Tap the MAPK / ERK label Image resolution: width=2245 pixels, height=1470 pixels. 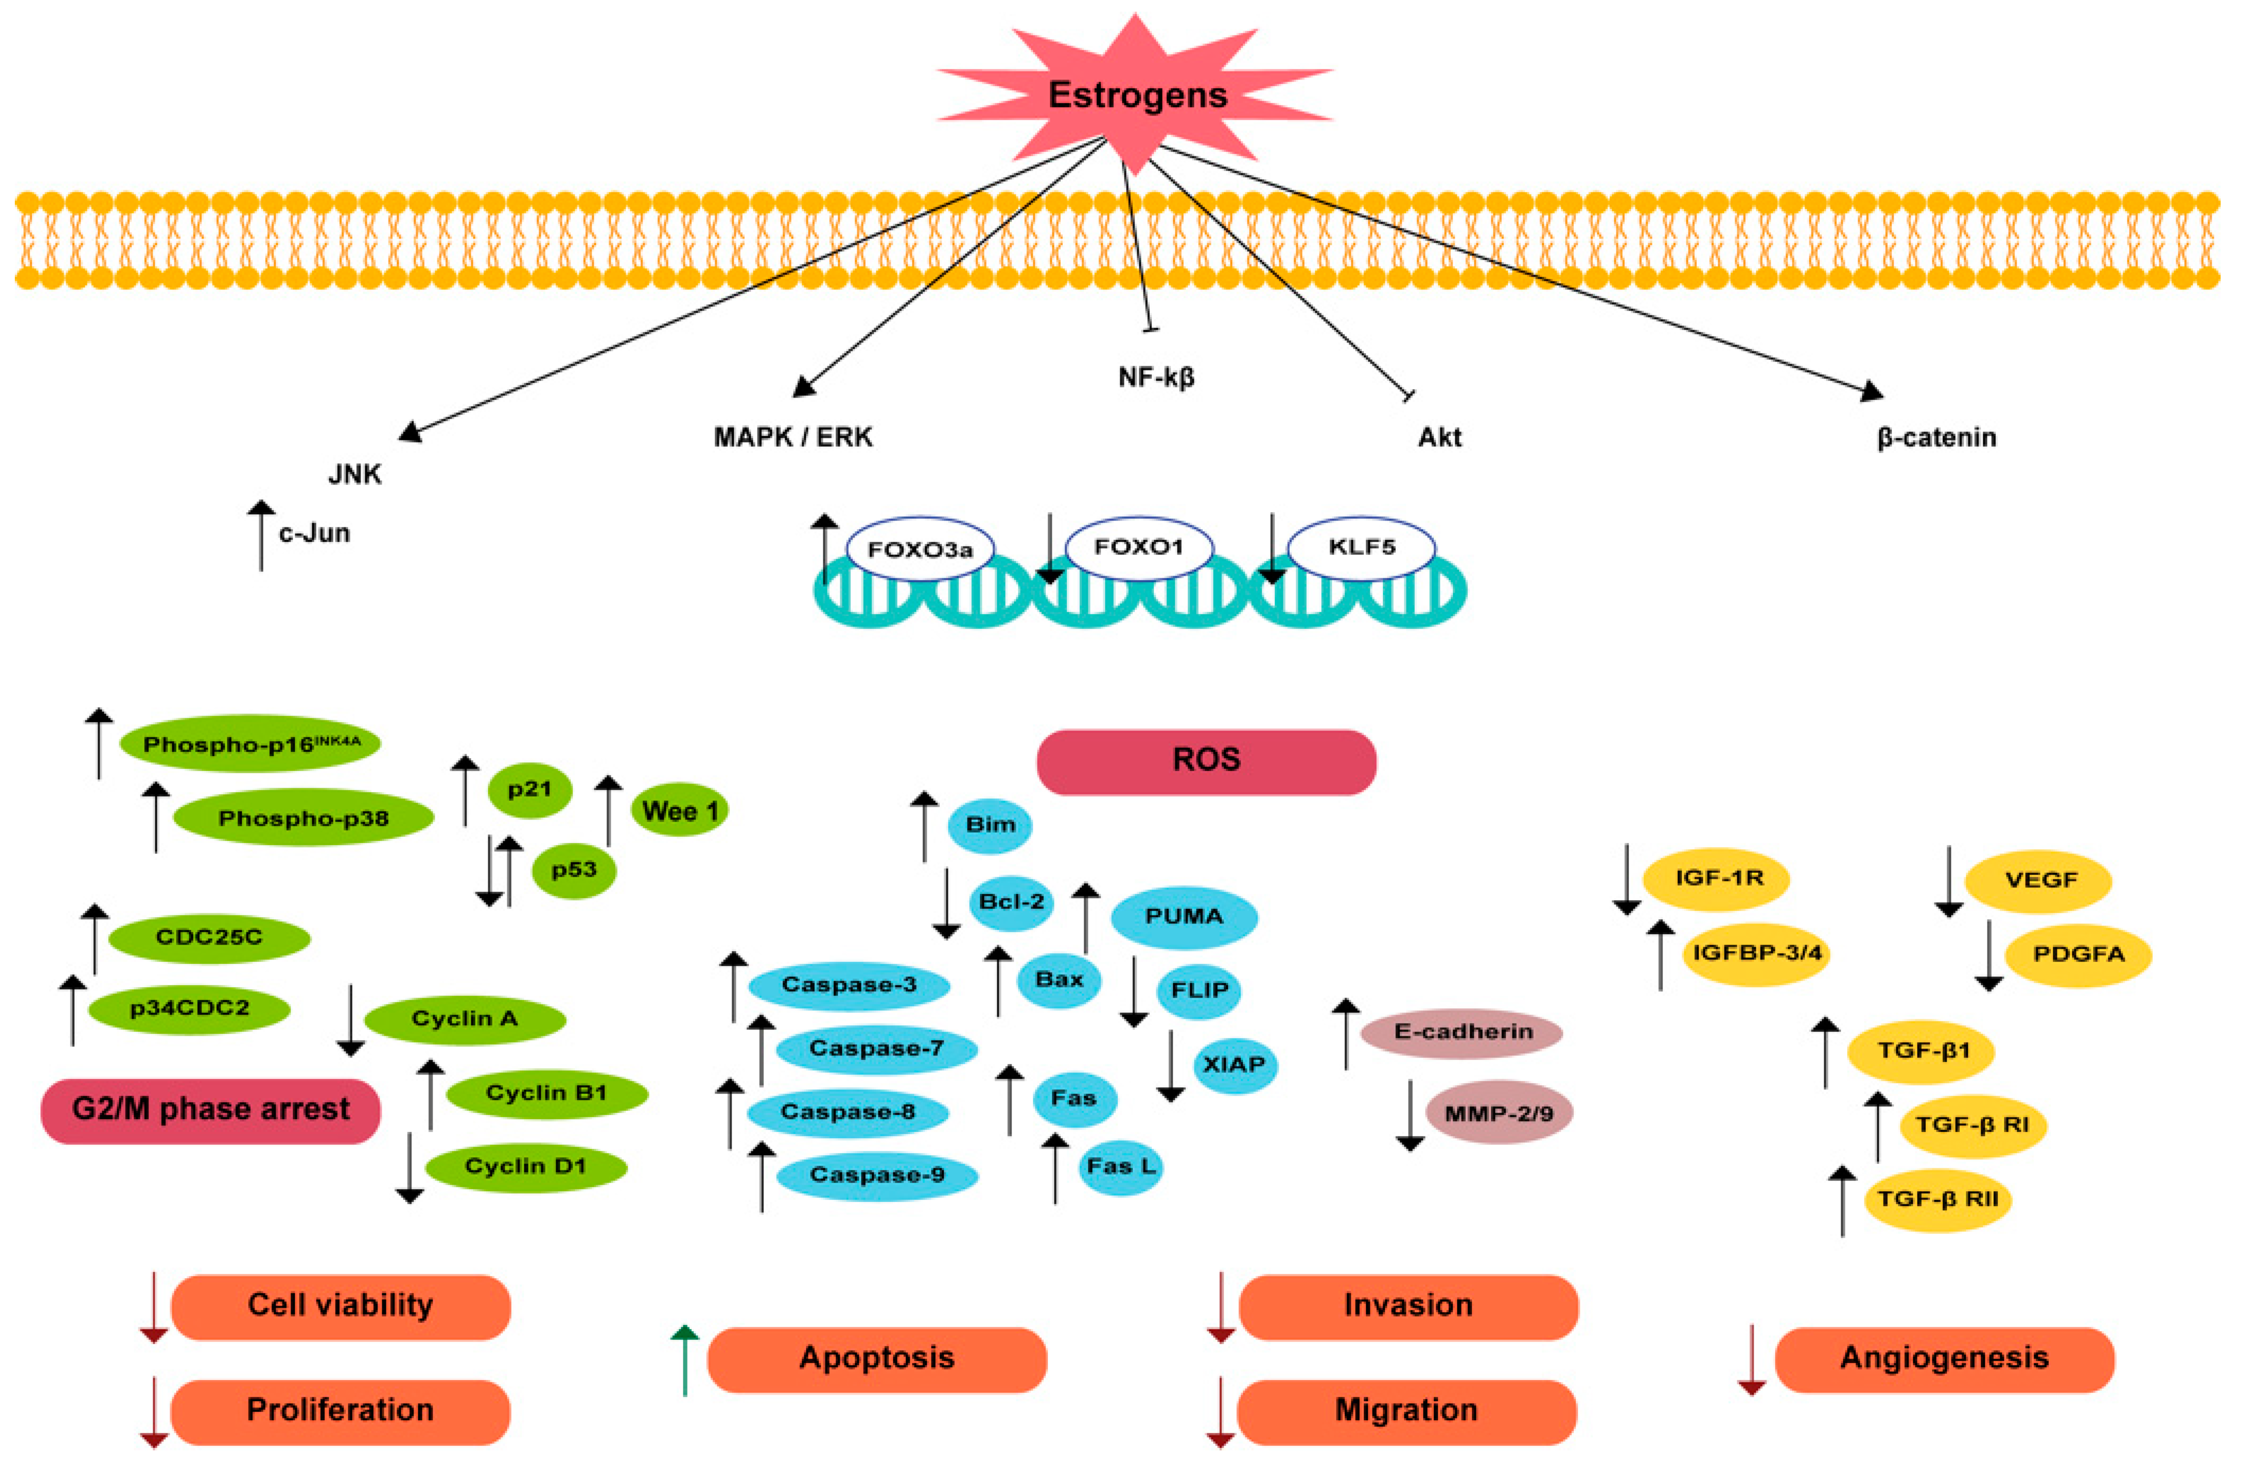pyautogui.click(x=793, y=437)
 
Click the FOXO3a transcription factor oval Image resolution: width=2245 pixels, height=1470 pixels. pyautogui.click(x=920, y=548)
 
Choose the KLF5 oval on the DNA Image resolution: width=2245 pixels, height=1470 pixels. pyautogui.click(x=1361, y=547)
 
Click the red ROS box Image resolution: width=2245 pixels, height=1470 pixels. pyautogui.click(x=1205, y=761)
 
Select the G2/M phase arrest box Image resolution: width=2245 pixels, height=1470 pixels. pyautogui.click(x=210, y=1110)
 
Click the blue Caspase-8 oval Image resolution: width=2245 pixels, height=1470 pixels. pyautogui.click(x=847, y=1112)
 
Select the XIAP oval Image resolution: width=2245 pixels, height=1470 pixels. pyautogui.click(x=1234, y=1064)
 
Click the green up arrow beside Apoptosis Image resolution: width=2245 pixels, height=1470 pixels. pyautogui.click(x=685, y=1360)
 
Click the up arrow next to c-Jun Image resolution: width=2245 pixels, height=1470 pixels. pyautogui.click(x=261, y=535)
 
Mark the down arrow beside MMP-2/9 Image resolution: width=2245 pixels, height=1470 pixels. pyautogui.click(x=1409, y=1115)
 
